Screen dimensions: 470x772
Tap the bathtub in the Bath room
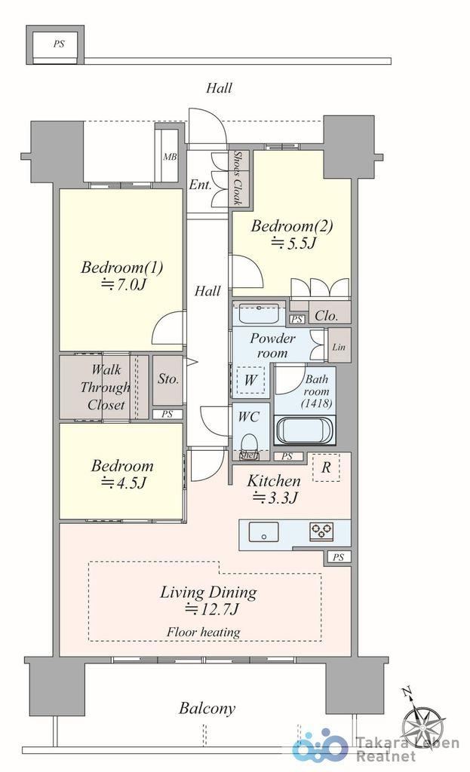tap(306, 430)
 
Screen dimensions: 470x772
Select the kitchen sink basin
tap(263, 532)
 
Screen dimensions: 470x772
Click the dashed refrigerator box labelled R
tap(326, 467)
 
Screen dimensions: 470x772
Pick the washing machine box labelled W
tap(250, 380)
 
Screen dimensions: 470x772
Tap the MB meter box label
tap(170, 157)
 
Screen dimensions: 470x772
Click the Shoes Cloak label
tap(237, 178)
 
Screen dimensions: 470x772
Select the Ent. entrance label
tap(201, 185)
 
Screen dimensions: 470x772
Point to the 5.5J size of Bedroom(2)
tap(292, 243)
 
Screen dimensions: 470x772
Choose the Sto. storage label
tap(168, 379)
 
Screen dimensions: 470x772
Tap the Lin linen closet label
tap(339, 347)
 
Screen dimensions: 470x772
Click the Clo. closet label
tap(326, 316)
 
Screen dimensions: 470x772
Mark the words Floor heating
tap(204, 633)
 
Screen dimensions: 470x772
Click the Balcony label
tap(207, 709)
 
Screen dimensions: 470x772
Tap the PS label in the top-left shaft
tap(59, 44)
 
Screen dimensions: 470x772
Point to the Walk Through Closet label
tap(105, 388)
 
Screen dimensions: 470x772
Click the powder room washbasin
tap(259, 314)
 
